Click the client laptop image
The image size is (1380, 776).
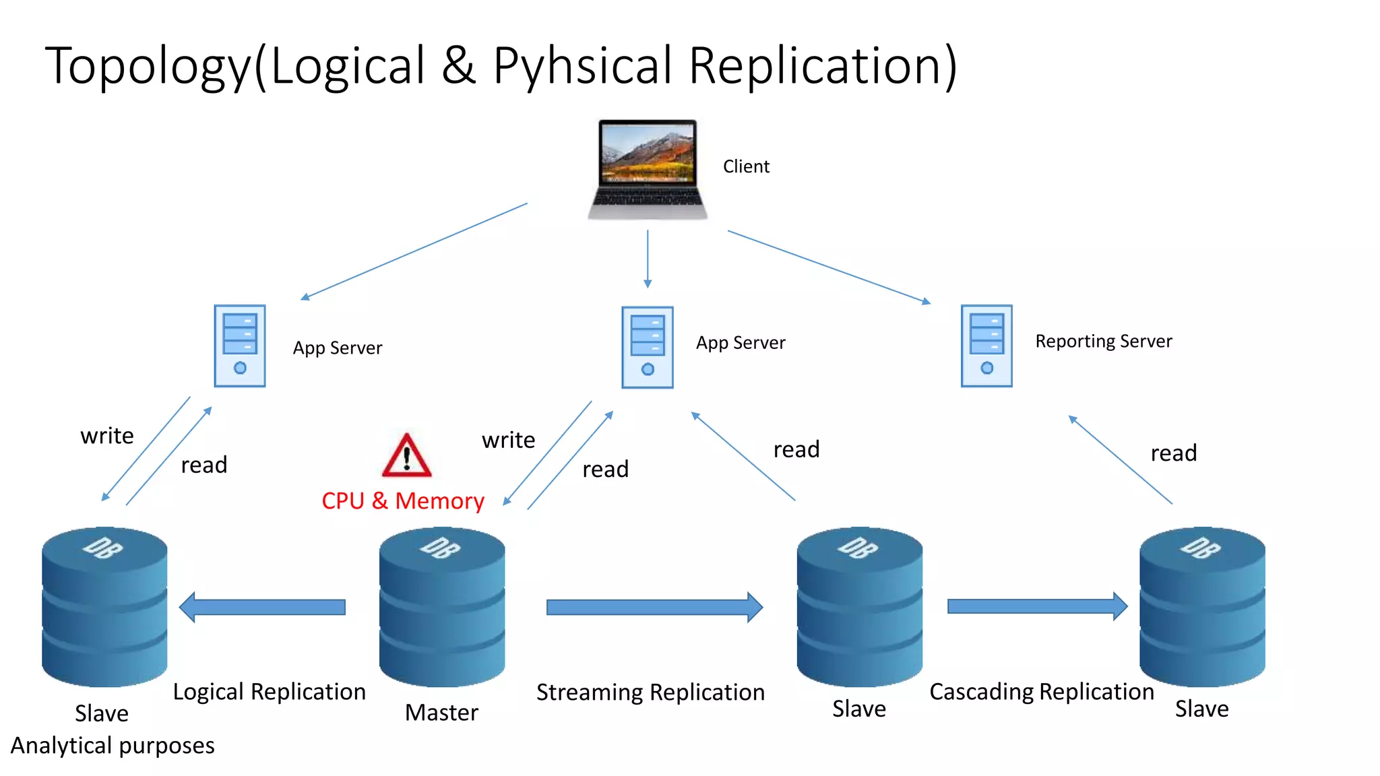648,169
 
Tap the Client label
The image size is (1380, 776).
746,166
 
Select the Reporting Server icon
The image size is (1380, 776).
986,346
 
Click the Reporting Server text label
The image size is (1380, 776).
1103,342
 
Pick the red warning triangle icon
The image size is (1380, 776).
406,456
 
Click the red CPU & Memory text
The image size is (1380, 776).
402,501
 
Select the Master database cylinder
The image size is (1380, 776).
442,606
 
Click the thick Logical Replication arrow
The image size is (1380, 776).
263,607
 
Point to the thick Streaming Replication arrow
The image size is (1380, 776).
654,608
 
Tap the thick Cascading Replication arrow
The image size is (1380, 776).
1036,606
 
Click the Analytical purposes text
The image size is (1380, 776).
113,746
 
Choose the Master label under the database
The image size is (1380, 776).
441,713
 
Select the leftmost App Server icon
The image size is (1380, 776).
240,346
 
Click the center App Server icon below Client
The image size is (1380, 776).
648,347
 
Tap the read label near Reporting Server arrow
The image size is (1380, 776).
1173,453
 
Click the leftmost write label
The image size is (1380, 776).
107,436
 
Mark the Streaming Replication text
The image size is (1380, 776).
650,692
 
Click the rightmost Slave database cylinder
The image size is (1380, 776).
1201,606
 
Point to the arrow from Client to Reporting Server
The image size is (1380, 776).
829,266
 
